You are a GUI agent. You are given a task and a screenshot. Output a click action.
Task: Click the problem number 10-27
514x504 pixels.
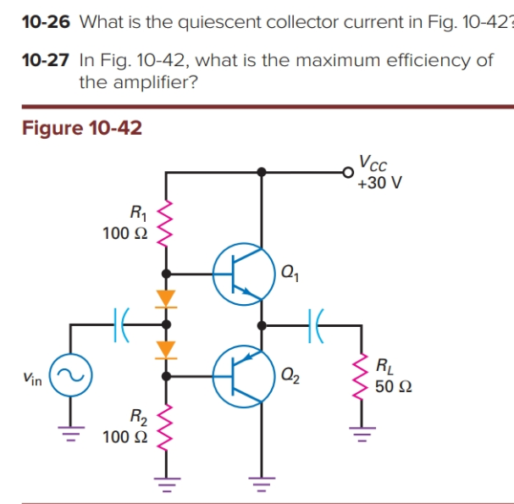click(45, 61)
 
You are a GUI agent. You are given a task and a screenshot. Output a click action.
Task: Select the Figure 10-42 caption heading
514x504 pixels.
click(81, 128)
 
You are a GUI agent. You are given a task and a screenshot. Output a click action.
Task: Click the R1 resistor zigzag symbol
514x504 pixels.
click(166, 223)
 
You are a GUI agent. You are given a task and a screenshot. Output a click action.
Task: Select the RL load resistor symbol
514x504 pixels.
click(364, 377)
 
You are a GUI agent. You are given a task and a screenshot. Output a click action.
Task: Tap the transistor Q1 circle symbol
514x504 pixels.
click(242, 274)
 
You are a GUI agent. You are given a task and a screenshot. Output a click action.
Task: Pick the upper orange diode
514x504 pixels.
click(166, 298)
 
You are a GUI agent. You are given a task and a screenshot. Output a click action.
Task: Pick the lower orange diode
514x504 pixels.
click(166, 348)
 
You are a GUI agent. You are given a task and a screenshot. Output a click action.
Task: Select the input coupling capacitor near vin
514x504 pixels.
click(119, 324)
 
